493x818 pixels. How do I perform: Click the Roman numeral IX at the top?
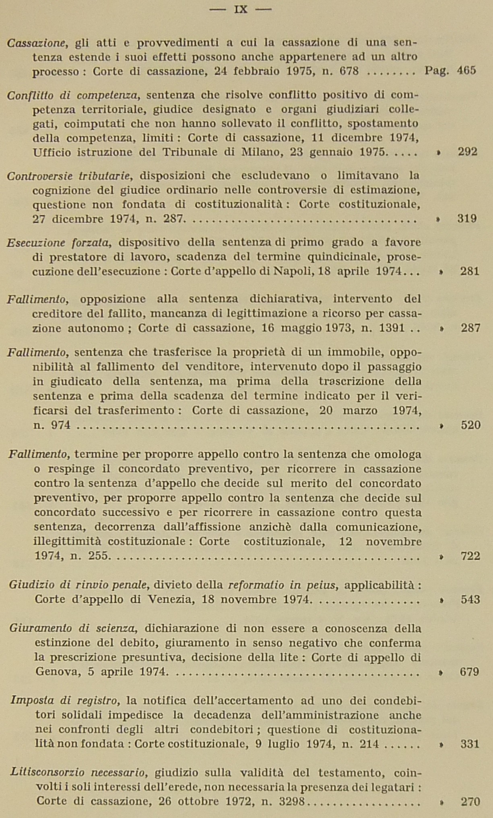pyautogui.click(x=240, y=9)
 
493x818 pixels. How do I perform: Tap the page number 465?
pyautogui.click(x=466, y=71)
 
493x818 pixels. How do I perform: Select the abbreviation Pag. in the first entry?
pyautogui.click(x=437, y=71)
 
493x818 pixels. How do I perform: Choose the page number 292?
pyautogui.click(x=467, y=152)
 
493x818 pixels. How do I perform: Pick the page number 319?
pyautogui.click(x=467, y=219)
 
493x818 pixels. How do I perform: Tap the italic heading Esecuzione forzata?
pyautogui.click(x=59, y=243)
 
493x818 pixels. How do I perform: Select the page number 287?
pyautogui.click(x=470, y=328)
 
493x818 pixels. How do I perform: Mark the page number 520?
pyautogui.click(x=470, y=425)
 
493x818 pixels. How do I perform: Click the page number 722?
pyautogui.click(x=470, y=556)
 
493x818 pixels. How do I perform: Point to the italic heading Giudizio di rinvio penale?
pyautogui.click(x=80, y=585)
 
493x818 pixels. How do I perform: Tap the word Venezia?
pyautogui.click(x=171, y=599)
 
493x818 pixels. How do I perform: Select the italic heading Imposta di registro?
pyautogui.click(x=65, y=701)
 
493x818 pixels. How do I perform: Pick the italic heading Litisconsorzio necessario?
pyautogui.click(x=78, y=773)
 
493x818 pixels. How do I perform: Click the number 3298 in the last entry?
pyautogui.click(x=291, y=801)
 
